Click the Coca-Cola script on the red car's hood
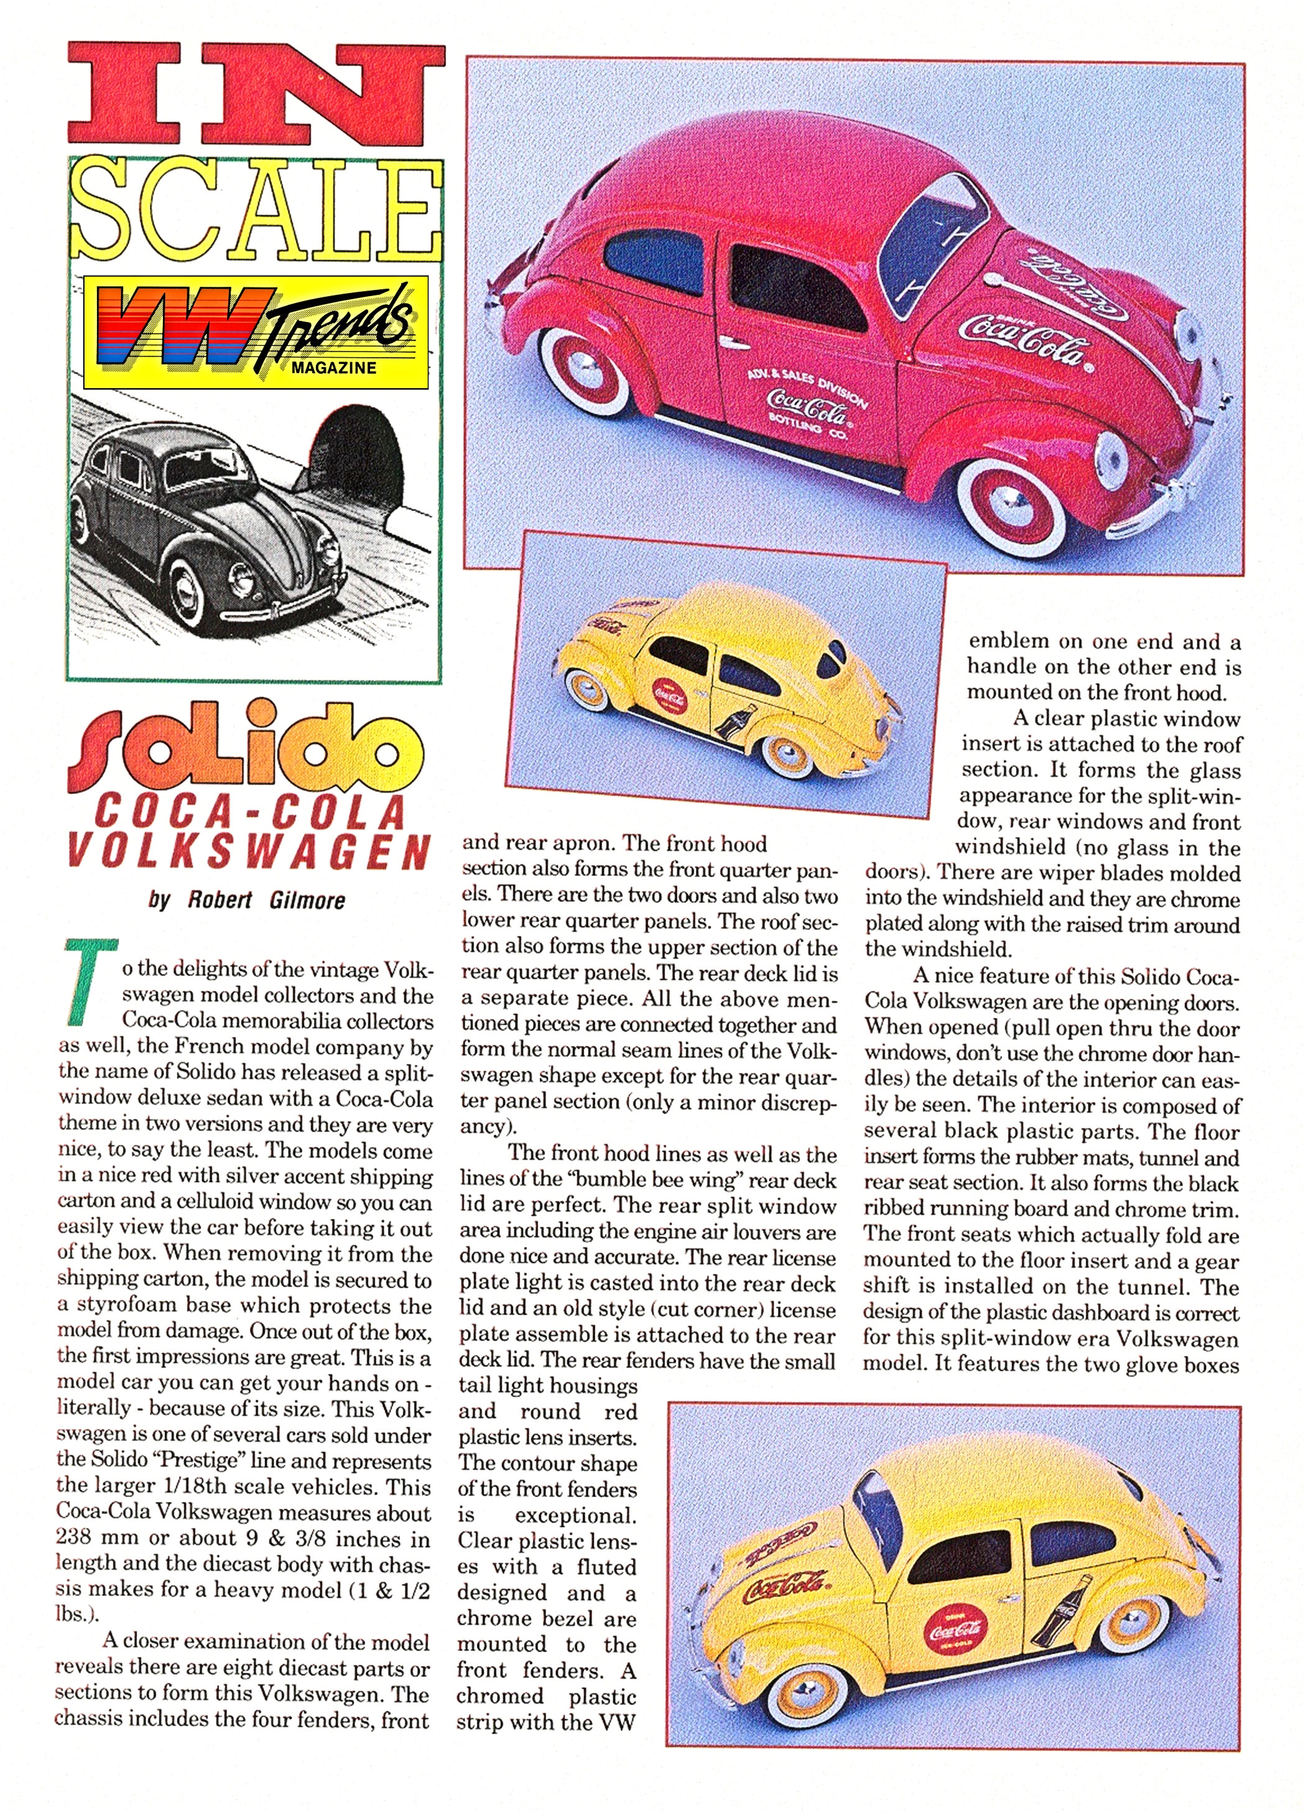pos(1026,339)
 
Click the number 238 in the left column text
pos(81,1537)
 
